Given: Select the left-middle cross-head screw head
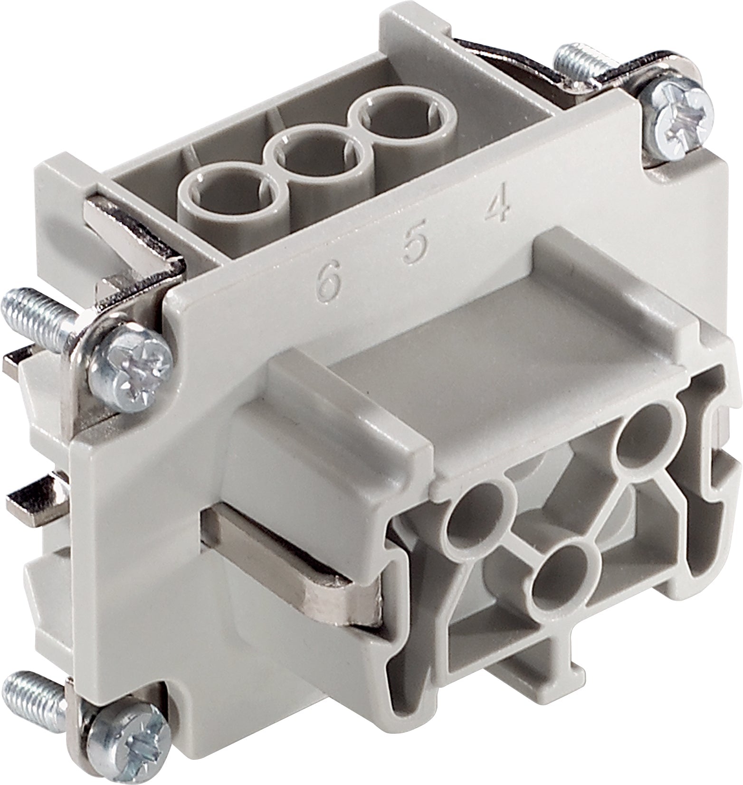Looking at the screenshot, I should (x=130, y=364).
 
